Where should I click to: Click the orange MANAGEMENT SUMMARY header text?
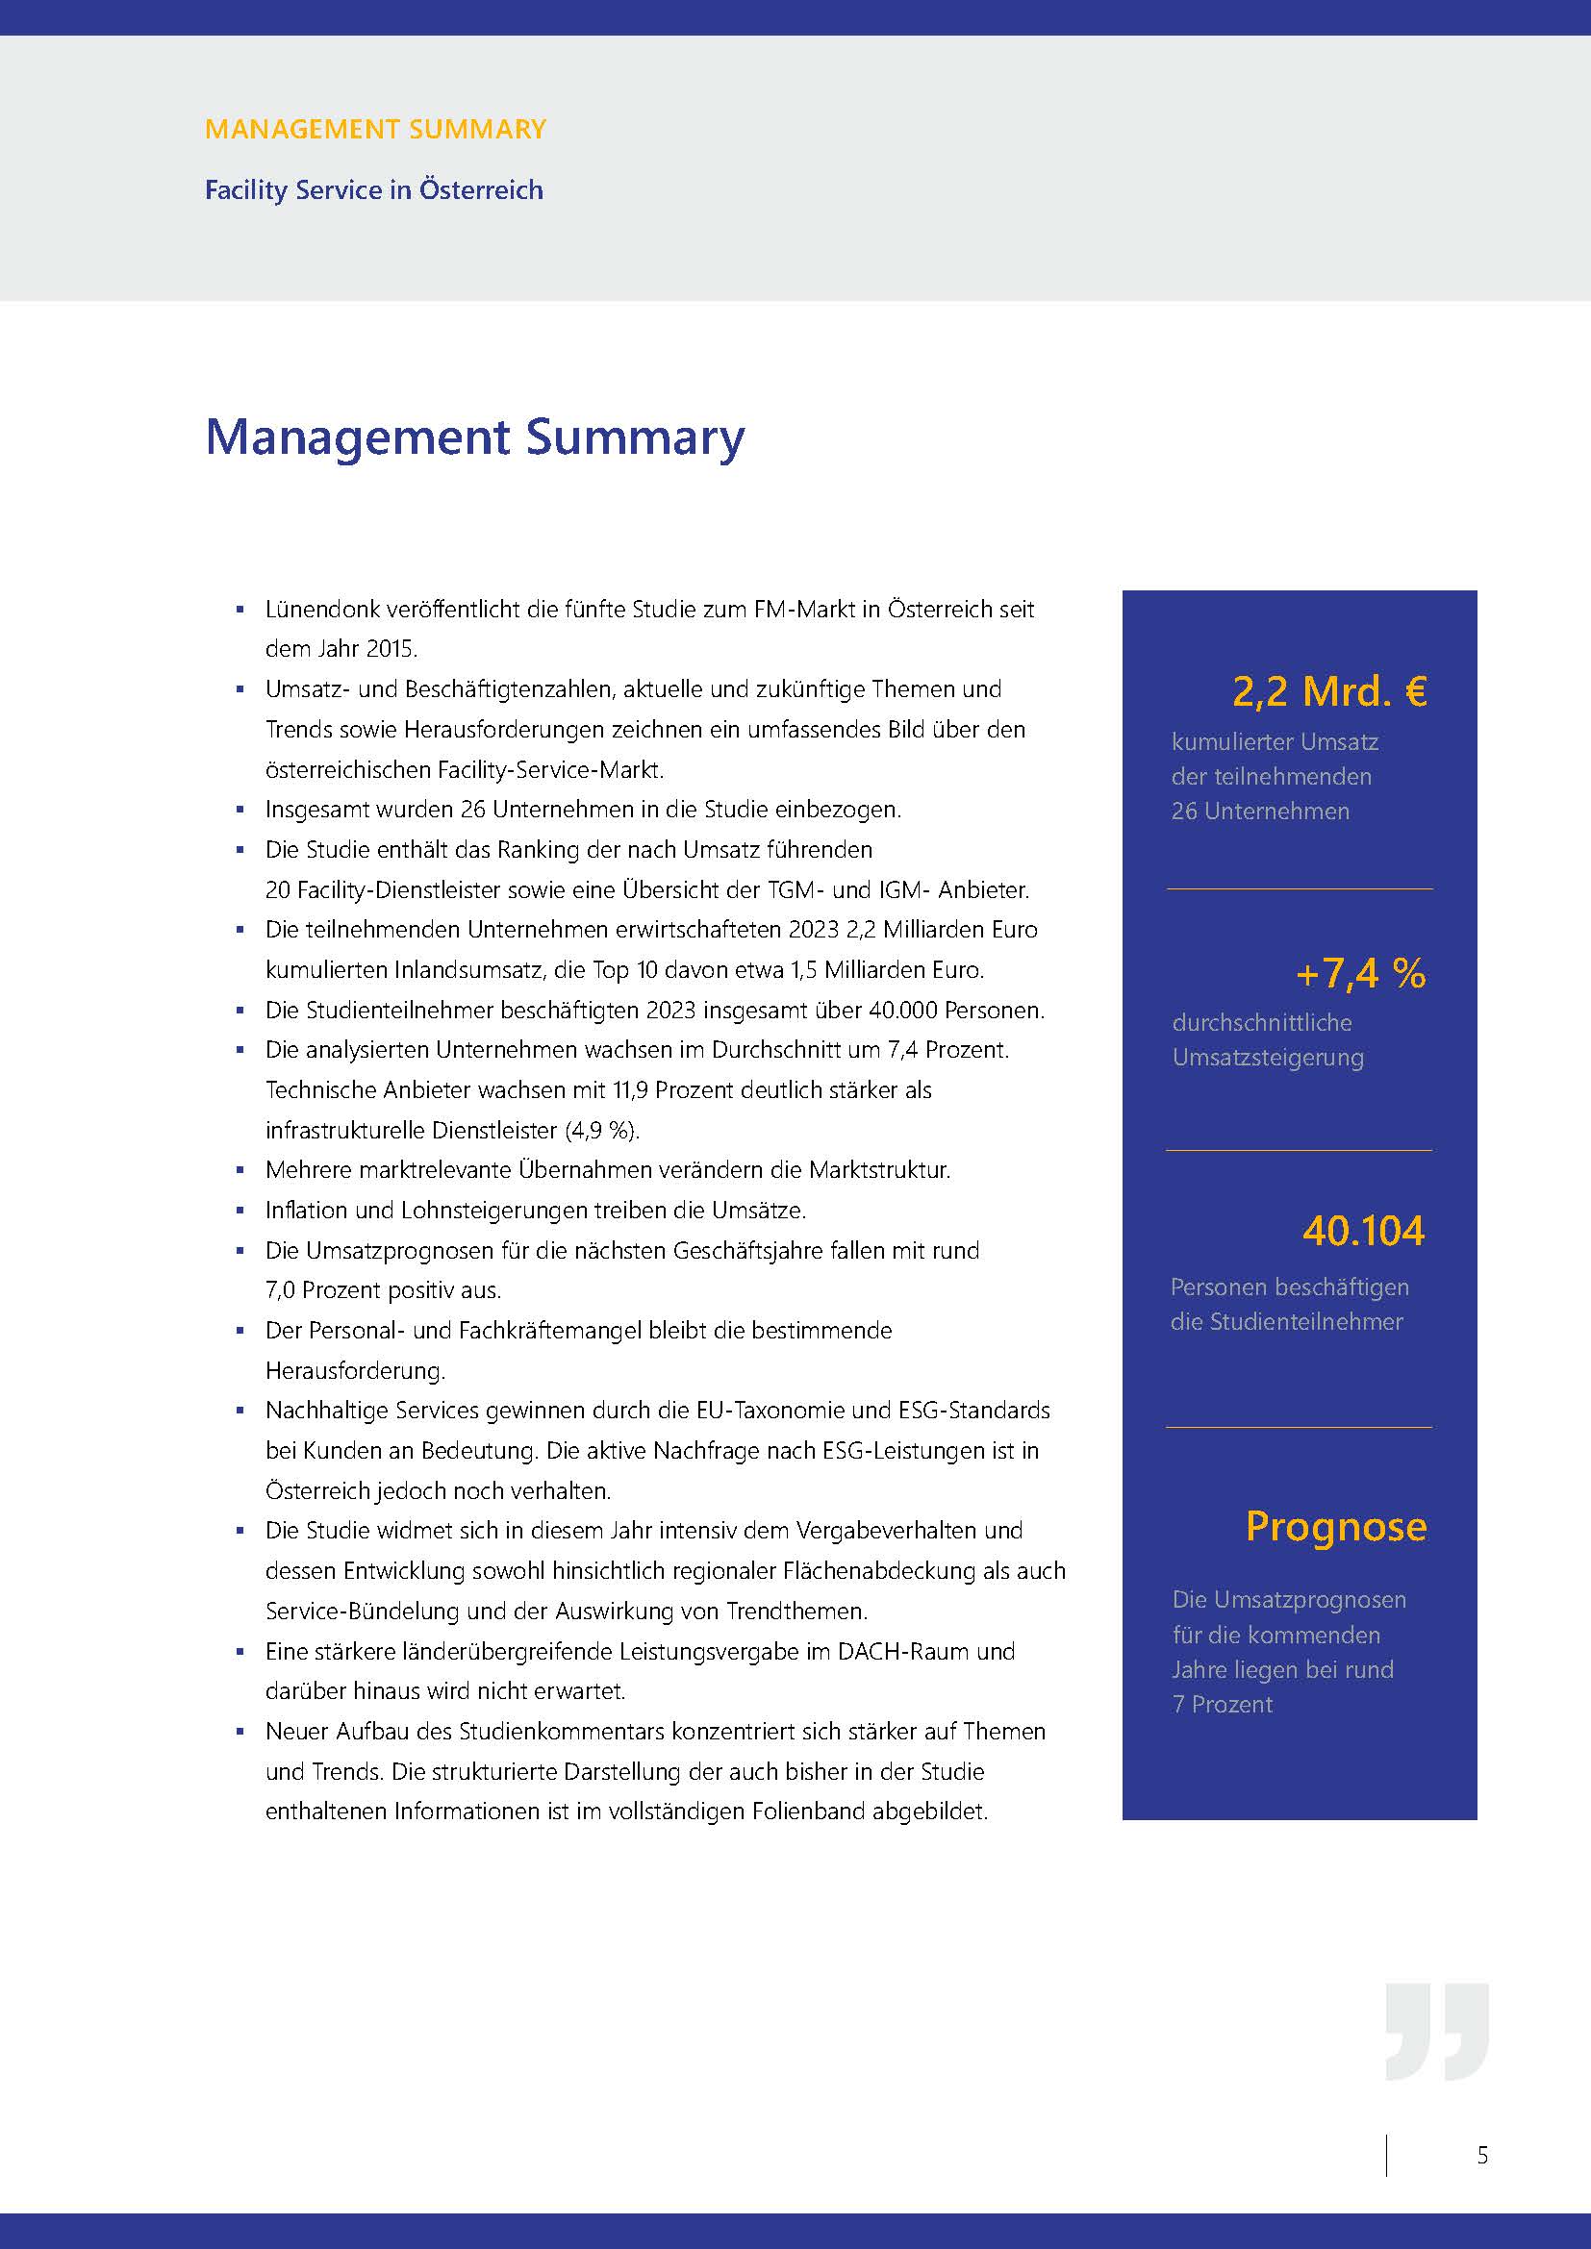375,129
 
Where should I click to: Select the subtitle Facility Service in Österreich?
373,190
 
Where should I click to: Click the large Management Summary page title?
474,437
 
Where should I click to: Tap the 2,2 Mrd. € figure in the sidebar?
1328,691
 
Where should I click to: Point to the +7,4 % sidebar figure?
1360,974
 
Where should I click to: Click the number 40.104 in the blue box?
1363,1232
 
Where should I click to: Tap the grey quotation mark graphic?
1437,2032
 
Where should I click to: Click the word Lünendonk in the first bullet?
322,610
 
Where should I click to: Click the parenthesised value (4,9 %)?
601,1131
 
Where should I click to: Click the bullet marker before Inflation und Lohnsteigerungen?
240,1211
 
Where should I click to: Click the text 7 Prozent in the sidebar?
1223,1705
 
